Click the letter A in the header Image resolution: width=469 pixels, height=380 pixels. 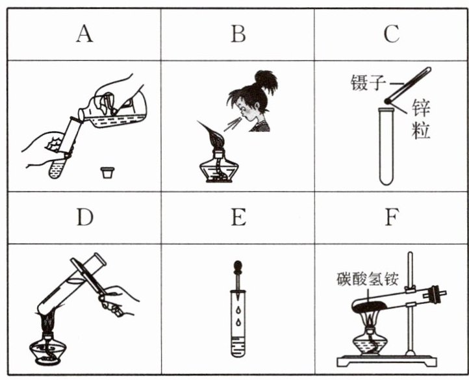click(x=84, y=34)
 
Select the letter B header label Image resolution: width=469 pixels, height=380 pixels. click(x=238, y=34)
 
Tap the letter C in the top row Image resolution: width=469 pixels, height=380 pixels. click(x=392, y=34)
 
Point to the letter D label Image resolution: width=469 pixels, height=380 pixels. click(x=85, y=217)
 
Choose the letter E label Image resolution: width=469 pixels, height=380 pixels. click(x=238, y=217)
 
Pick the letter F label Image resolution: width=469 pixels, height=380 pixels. click(x=392, y=217)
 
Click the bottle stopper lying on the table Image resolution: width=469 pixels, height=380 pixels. click(x=107, y=173)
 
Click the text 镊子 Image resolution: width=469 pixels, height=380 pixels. click(x=368, y=82)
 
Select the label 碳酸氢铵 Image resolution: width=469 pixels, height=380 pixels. click(x=368, y=279)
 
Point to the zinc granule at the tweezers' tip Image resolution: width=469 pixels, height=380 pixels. click(x=388, y=101)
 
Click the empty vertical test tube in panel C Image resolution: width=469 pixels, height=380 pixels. click(x=386, y=146)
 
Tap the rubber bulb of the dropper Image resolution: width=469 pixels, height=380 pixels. click(x=238, y=266)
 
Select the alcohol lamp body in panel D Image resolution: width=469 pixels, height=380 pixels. click(x=48, y=349)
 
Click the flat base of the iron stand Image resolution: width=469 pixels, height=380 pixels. click(x=387, y=361)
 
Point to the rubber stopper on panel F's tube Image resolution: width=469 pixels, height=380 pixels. click(x=436, y=294)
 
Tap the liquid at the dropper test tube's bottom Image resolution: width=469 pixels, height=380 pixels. click(x=238, y=347)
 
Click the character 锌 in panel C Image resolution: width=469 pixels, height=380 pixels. click(x=421, y=108)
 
